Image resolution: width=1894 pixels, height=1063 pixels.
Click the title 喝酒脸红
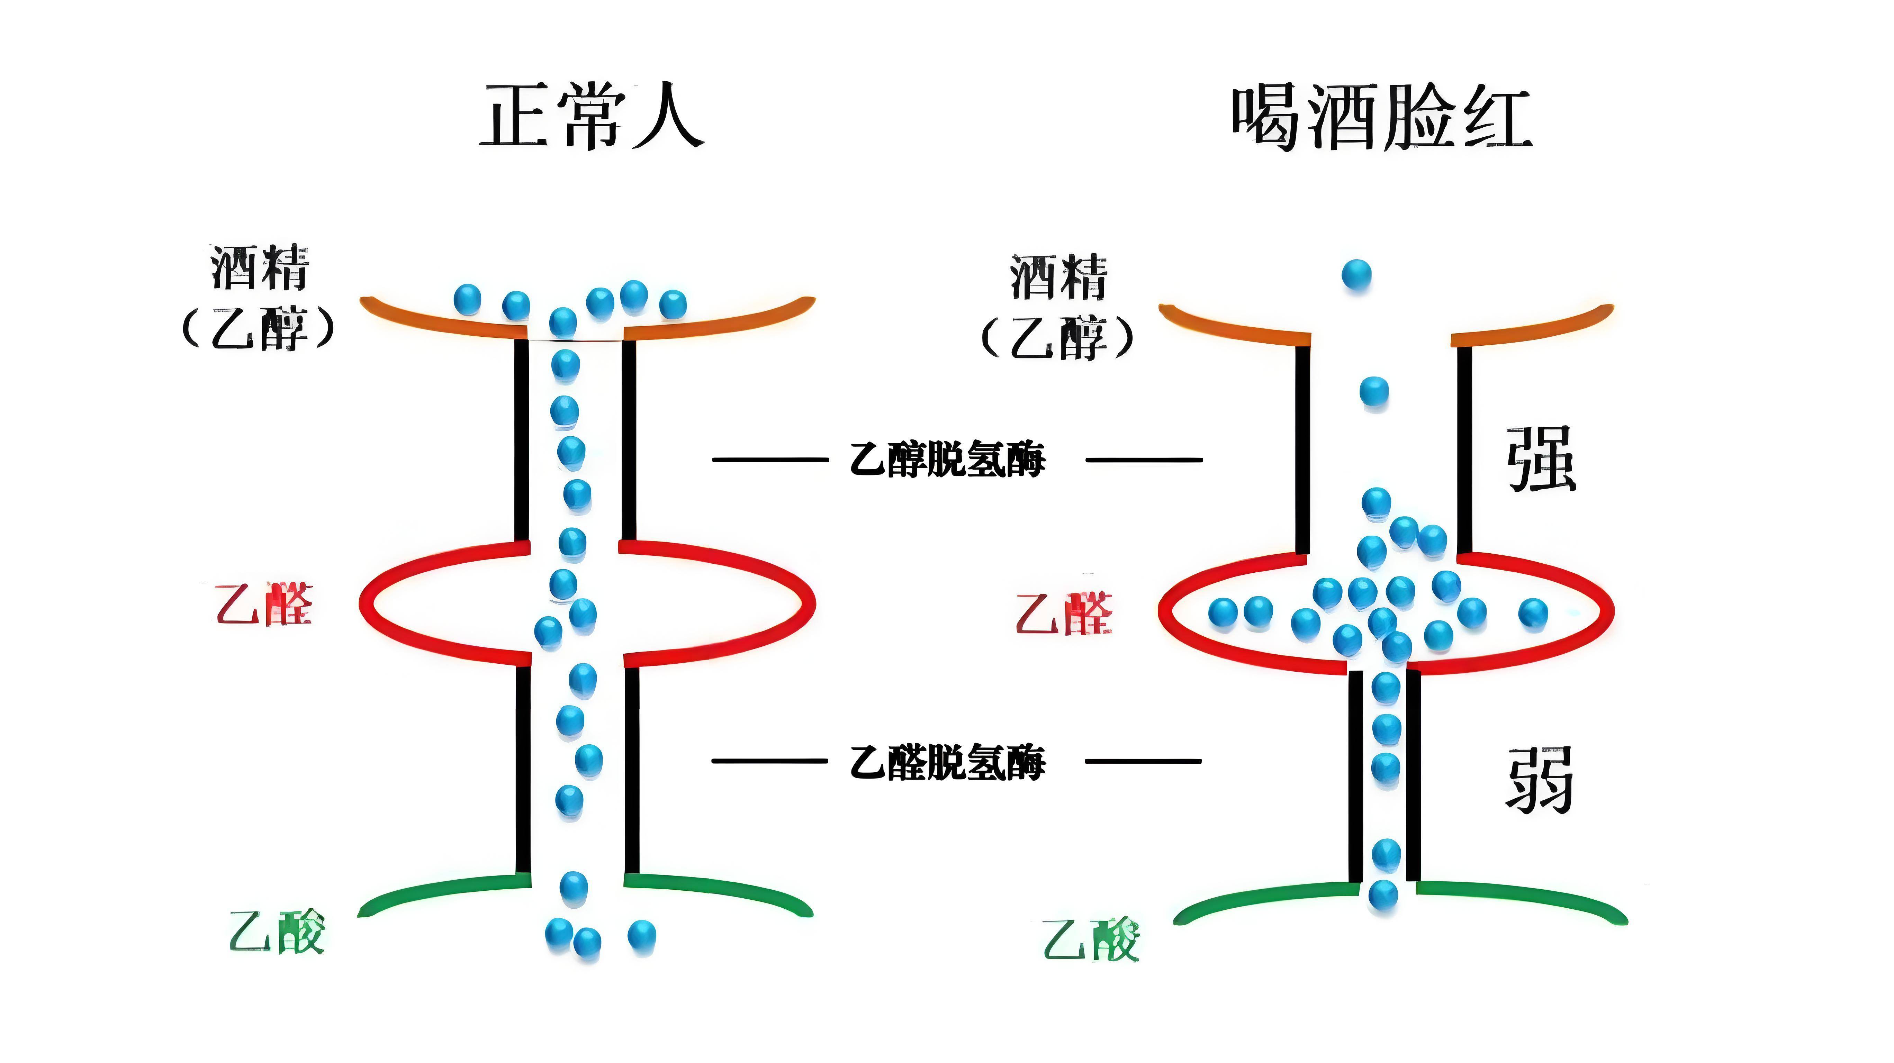pos(1381,118)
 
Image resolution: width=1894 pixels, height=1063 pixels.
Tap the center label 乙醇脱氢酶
pos(947,460)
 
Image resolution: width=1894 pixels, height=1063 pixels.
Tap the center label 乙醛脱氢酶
pos(947,762)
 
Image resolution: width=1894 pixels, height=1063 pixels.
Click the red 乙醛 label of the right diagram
pos(1064,614)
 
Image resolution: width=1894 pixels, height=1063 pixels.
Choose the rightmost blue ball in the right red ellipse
pos(1533,612)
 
